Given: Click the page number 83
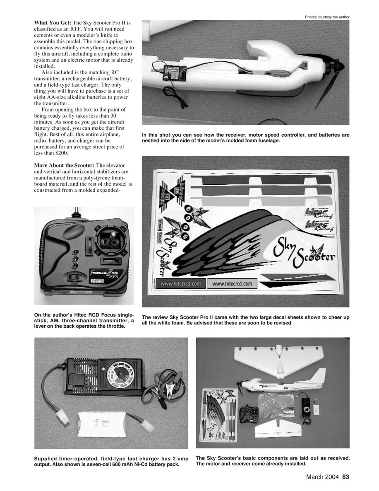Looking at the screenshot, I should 346,477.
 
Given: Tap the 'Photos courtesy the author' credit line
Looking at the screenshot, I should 327,17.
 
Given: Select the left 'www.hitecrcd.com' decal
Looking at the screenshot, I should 181,284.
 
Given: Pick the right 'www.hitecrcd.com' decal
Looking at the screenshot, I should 234,284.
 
